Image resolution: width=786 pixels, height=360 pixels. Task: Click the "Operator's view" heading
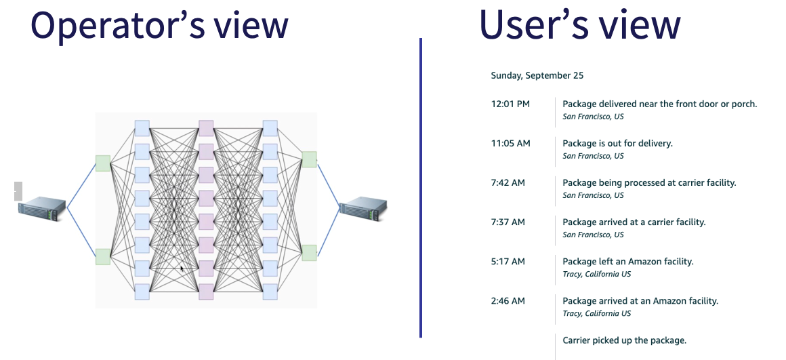point(159,25)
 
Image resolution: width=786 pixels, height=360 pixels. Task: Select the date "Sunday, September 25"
point(537,76)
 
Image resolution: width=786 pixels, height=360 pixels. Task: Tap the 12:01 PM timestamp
point(510,104)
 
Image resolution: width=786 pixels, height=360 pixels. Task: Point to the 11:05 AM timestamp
point(510,144)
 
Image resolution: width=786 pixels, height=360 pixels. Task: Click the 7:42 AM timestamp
point(508,183)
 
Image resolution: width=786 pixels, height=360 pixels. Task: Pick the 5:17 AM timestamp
point(508,262)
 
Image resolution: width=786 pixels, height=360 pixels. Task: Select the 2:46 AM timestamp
point(508,301)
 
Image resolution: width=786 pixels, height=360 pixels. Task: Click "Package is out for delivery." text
point(617,144)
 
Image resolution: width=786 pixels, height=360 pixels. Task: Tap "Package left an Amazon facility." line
point(628,262)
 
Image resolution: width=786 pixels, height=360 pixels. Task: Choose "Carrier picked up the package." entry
point(625,340)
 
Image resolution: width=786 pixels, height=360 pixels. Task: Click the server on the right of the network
point(363,209)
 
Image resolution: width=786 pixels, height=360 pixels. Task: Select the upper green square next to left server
point(103,163)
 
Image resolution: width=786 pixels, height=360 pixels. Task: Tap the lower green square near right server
point(309,253)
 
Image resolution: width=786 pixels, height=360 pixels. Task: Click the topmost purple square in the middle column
point(206,128)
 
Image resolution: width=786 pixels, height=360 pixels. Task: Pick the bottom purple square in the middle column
point(206,292)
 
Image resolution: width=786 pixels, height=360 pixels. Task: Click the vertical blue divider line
point(421,188)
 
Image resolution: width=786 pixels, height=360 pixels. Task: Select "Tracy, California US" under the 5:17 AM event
point(596,275)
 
